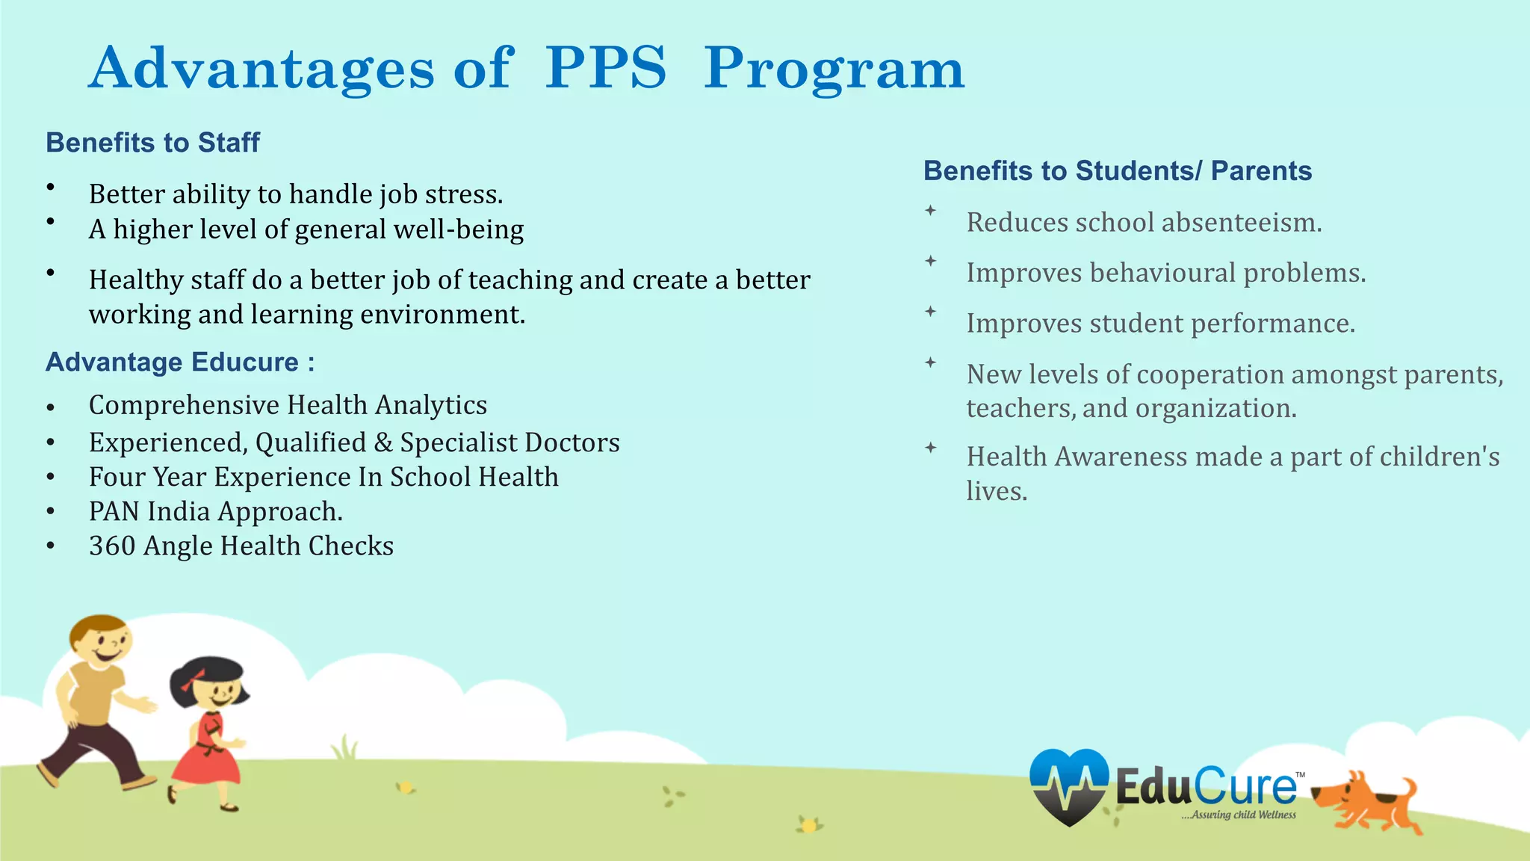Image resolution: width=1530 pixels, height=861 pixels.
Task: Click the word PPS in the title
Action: coord(605,69)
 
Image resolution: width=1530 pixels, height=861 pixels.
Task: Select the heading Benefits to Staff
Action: coord(152,142)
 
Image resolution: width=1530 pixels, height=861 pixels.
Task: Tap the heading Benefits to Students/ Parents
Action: coord(1118,170)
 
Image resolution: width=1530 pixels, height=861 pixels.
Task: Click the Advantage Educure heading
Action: coord(180,362)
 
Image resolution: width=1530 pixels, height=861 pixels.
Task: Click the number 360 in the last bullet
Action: coord(112,546)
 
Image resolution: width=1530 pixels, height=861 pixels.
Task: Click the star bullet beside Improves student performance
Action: coord(930,311)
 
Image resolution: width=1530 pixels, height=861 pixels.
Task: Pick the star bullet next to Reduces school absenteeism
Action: coord(930,211)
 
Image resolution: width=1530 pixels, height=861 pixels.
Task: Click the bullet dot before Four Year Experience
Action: coord(50,477)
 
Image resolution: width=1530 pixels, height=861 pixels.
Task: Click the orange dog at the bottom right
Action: coord(1366,801)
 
